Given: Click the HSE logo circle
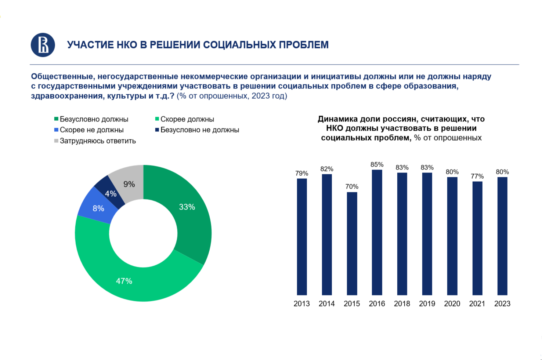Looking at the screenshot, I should point(43,45).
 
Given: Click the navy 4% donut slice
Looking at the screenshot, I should point(109,192).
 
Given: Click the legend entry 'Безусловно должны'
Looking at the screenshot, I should point(94,119).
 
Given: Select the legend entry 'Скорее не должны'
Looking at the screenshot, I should point(91,130).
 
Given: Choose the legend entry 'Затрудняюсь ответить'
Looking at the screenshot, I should point(97,141).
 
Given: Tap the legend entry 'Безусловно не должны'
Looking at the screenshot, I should point(199,130).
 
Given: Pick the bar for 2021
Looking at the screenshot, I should point(477,238).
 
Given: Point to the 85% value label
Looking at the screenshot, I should point(377,165).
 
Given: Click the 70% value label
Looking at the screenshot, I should point(352,187).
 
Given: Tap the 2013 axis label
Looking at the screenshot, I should point(301,304).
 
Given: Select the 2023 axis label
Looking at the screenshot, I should point(502,304).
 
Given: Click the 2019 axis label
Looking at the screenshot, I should point(427,304).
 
